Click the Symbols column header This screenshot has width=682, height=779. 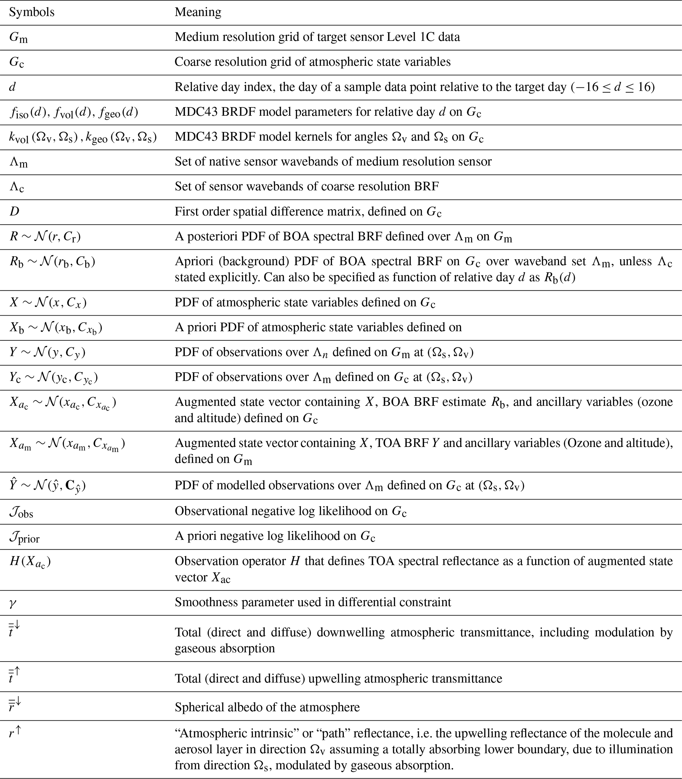pos(32,12)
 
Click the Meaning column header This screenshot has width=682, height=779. pos(198,12)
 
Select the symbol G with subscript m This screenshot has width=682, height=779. pos(18,38)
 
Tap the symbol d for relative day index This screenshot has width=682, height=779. pos(13,87)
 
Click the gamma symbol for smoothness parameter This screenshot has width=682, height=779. pos(13,603)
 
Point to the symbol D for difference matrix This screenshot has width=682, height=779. pos(14,211)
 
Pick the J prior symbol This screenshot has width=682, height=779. pos(24,537)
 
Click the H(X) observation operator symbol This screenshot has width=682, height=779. pos(30,562)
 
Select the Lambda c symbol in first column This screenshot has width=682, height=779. pos(17,187)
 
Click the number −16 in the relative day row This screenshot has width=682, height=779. pos(586,87)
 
